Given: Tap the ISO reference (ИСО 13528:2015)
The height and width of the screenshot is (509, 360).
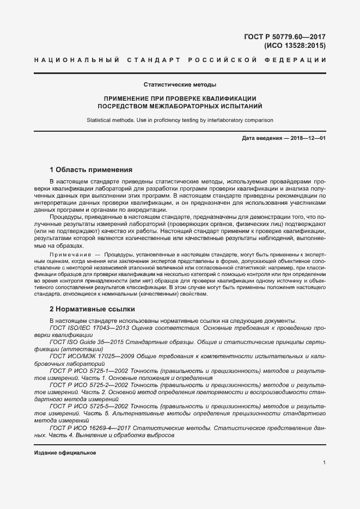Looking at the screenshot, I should coord(295,46).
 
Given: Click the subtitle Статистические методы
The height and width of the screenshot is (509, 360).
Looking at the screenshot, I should coord(180,85).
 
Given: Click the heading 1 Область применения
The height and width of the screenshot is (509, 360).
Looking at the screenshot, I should coord(91,169).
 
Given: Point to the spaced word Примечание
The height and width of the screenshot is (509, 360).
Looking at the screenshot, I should coord(69,255).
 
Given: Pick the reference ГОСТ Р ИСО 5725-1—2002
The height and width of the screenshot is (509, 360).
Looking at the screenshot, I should coord(87,370).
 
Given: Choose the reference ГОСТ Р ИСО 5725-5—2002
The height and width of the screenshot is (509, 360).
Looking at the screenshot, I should coord(87,406).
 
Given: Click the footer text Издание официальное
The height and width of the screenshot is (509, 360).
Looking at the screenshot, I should coord(65,453).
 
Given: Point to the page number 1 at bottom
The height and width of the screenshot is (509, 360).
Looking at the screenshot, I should coord(324,463).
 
